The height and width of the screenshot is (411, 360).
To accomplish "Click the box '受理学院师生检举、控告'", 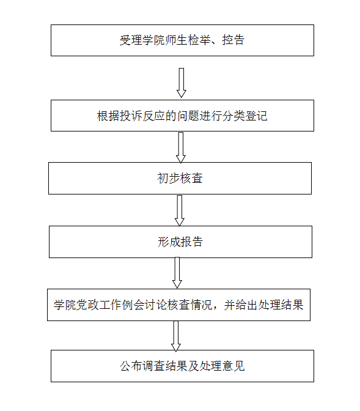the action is [x=182, y=40].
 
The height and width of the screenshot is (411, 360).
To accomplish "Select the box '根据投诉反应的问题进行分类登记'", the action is [x=182, y=116].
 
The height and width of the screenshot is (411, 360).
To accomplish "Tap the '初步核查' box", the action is [x=180, y=178].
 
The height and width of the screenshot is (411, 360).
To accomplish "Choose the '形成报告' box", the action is [x=180, y=242].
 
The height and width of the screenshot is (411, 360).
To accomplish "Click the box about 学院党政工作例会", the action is [x=178, y=305].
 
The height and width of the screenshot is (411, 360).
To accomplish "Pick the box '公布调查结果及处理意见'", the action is [x=182, y=366].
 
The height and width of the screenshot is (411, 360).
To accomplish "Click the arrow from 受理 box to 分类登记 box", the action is [x=182, y=83].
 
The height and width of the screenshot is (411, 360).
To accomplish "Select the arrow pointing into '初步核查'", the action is [x=181, y=147].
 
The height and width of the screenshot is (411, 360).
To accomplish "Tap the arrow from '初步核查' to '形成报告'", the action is [x=180, y=210].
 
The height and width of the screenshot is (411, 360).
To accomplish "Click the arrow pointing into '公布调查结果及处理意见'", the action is [x=176, y=336].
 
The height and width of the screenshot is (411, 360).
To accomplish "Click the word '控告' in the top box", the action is [x=233, y=40].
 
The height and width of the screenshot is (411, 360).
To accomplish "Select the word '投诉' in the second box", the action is [x=131, y=116].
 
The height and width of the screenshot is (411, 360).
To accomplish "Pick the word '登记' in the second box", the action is [x=256, y=116].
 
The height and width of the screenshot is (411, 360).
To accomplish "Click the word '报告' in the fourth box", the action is [x=191, y=242].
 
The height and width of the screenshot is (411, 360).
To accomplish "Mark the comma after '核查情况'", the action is [x=216, y=308].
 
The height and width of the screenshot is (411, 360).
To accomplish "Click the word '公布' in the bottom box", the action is [x=131, y=366].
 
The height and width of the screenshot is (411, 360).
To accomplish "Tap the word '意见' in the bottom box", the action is [x=233, y=366].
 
